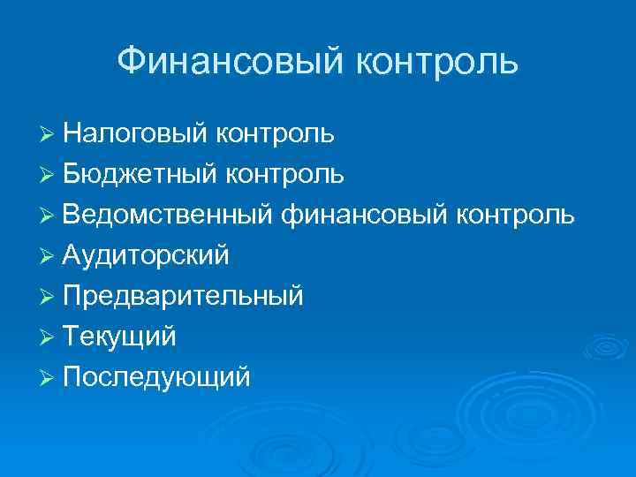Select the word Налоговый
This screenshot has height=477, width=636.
(134, 134)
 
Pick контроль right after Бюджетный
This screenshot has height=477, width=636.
(286, 174)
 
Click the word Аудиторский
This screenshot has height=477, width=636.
(147, 255)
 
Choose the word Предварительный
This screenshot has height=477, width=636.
(184, 296)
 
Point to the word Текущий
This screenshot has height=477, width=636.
(120, 337)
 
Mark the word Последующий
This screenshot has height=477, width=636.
(157, 377)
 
